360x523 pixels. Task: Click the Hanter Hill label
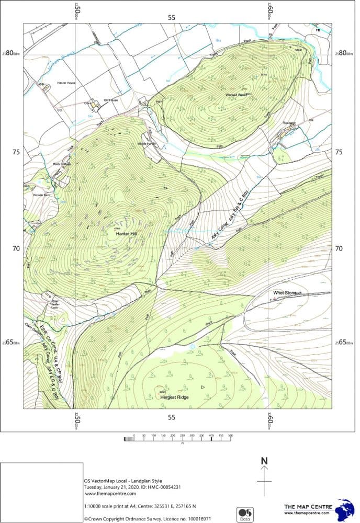127,234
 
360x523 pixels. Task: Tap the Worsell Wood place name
235,95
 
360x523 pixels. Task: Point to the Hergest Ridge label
174,397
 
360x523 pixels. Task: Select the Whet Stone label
285,293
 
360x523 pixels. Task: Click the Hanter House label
66,83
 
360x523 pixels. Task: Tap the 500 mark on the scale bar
230,435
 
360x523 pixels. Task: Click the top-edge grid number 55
172,17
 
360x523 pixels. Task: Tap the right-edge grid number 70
339,248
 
